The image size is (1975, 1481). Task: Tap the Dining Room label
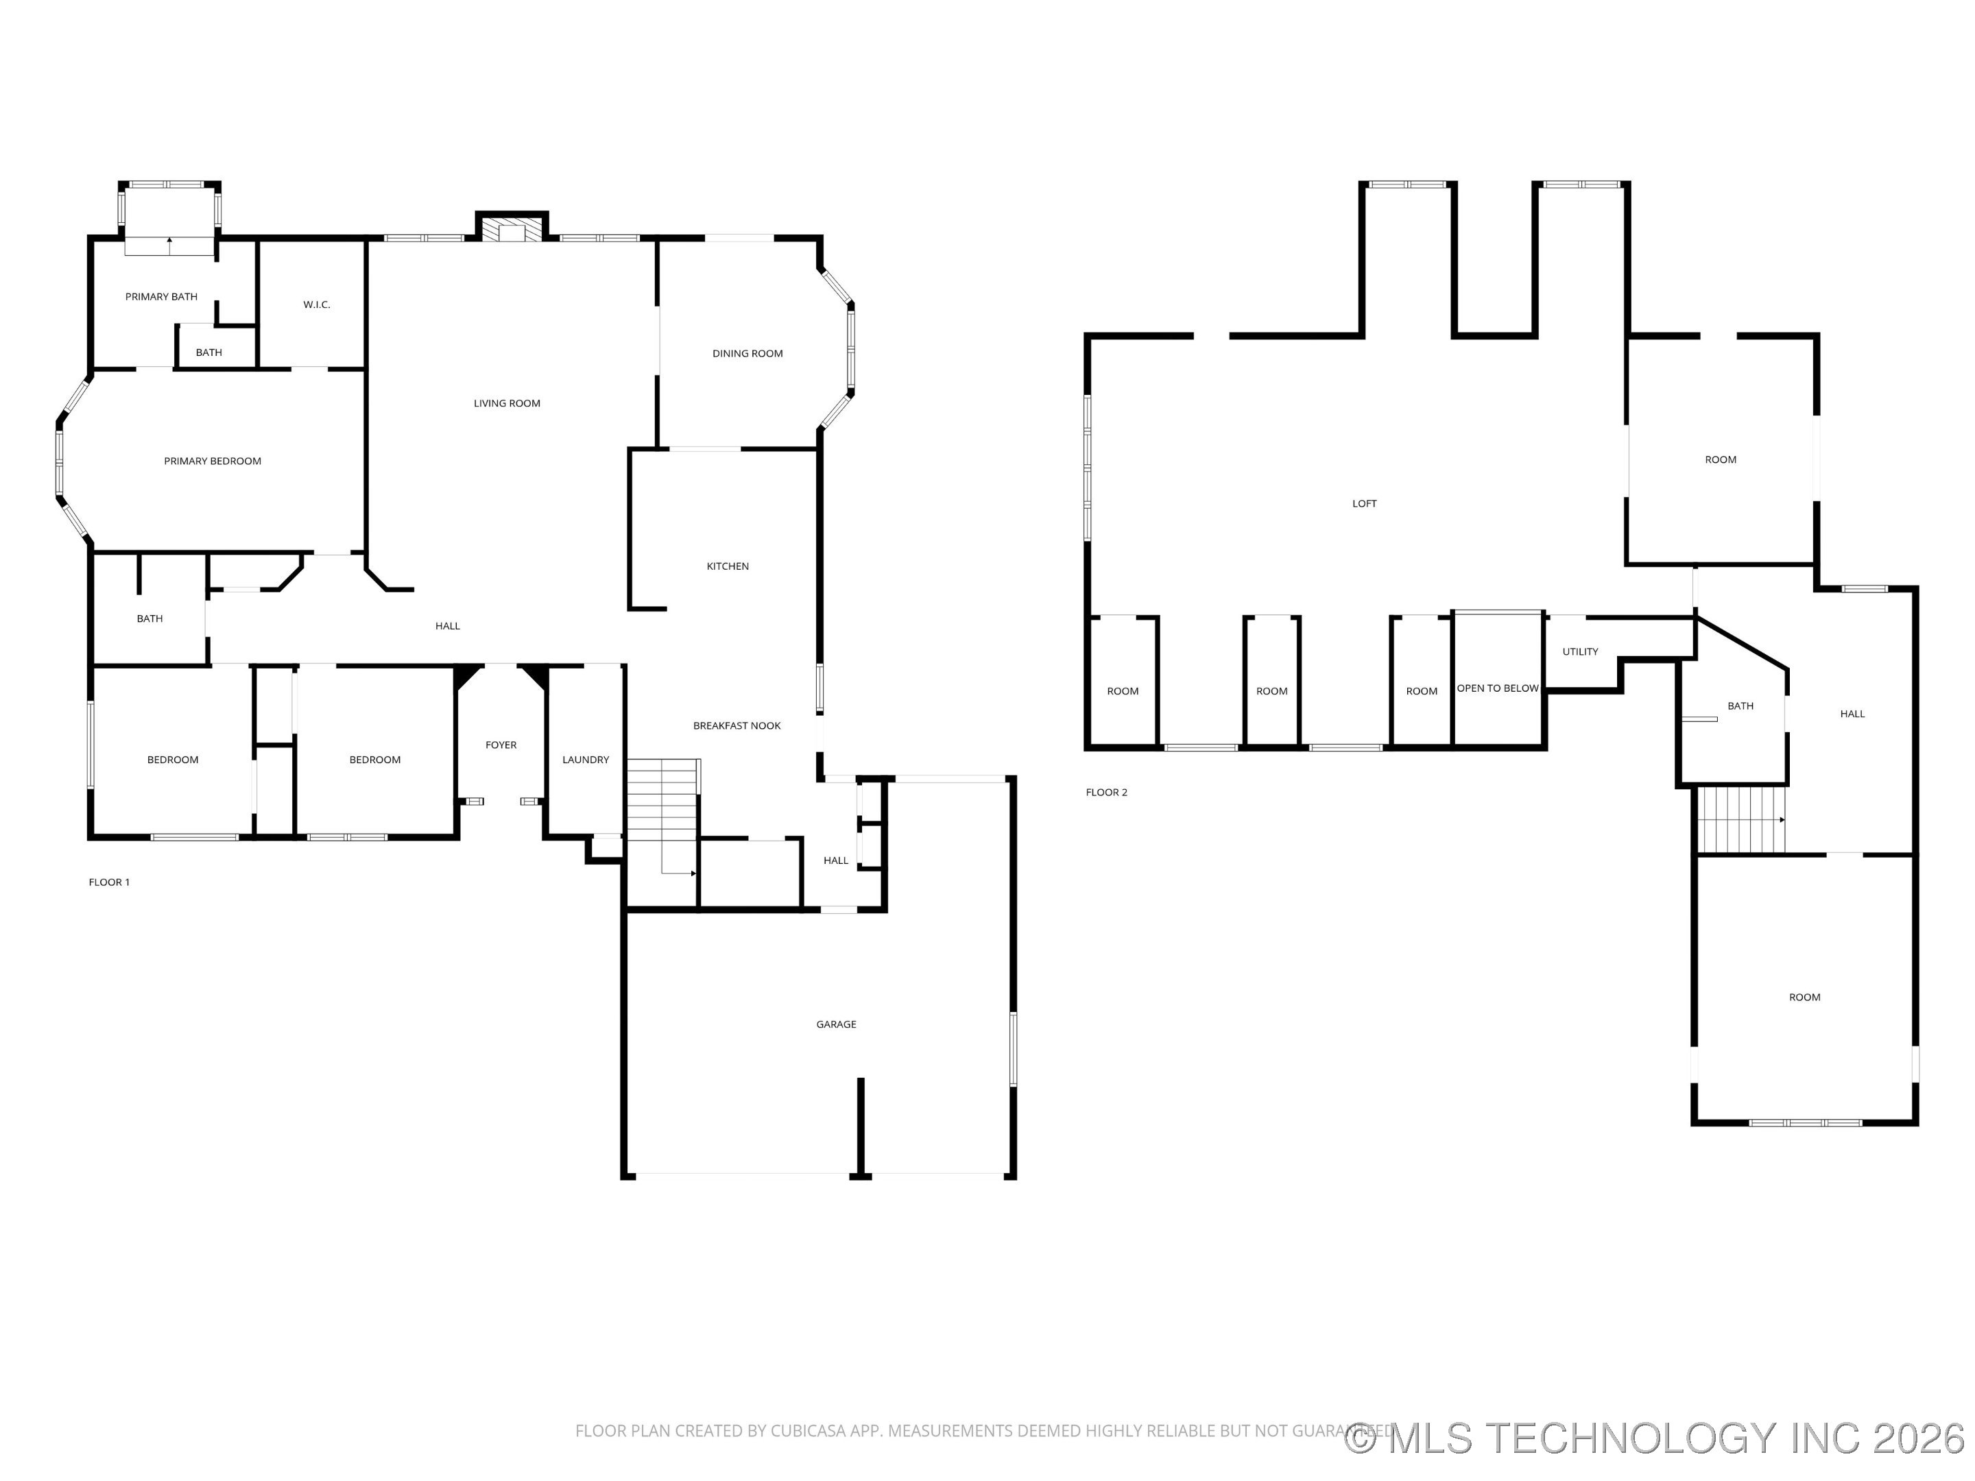click(x=747, y=354)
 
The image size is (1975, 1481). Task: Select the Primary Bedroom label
click(x=213, y=461)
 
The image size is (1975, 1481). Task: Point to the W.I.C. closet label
click(x=316, y=305)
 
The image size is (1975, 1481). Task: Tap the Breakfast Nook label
click(x=737, y=727)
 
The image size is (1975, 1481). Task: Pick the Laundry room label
click(x=586, y=760)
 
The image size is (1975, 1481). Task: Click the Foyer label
click(x=501, y=745)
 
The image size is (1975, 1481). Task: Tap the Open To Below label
click(x=1497, y=689)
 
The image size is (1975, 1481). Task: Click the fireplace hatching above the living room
click(x=512, y=230)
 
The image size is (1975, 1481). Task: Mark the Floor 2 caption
click(x=1106, y=793)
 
